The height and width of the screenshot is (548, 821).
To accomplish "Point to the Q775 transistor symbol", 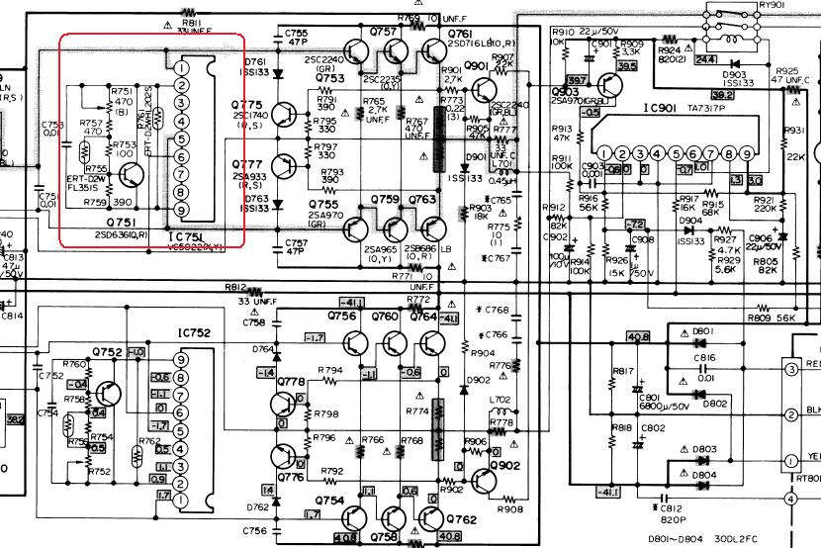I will (284, 116).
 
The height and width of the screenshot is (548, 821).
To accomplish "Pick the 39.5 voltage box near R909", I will (625, 66).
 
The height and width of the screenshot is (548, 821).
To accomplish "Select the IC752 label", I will (195, 334).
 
